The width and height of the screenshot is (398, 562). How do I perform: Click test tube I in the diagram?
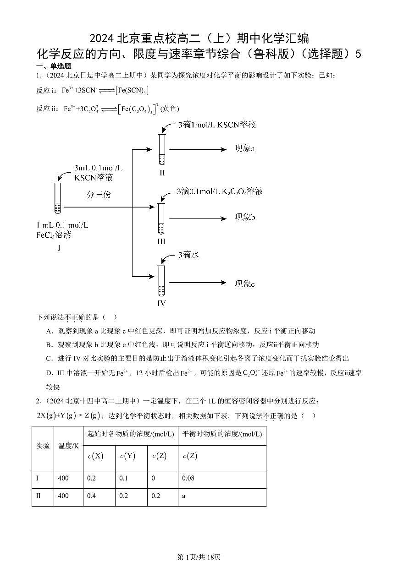click(57, 198)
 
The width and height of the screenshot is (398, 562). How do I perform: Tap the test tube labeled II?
click(161, 149)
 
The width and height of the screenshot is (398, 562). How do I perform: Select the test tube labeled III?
click(161, 218)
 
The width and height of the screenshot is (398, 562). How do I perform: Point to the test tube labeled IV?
click(161, 280)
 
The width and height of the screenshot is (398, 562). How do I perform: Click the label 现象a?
click(244, 149)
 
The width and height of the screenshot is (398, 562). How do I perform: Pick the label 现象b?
click(245, 217)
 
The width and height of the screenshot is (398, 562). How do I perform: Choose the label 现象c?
click(244, 284)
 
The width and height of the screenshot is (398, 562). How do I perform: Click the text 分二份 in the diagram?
click(99, 195)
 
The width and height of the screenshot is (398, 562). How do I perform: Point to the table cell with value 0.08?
click(188, 479)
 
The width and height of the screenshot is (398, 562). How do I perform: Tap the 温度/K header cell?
click(68, 445)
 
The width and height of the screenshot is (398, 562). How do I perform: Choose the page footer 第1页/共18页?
click(199, 557)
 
